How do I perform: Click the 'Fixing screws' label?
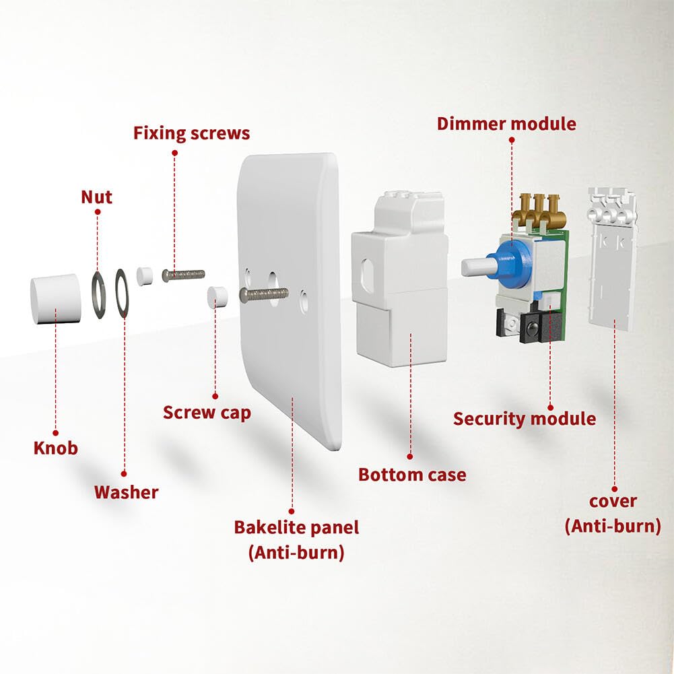191,133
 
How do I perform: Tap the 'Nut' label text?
96,197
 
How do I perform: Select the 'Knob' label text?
56,448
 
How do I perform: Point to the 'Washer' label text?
126,492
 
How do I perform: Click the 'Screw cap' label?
207,412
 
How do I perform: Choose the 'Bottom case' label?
412,475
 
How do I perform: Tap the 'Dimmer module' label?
506,124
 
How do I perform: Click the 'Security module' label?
524,419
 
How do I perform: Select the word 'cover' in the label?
613,502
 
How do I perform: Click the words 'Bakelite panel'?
296,527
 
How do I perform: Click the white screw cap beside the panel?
215,296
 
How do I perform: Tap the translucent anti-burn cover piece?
612,269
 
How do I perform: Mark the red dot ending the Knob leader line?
56,433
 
